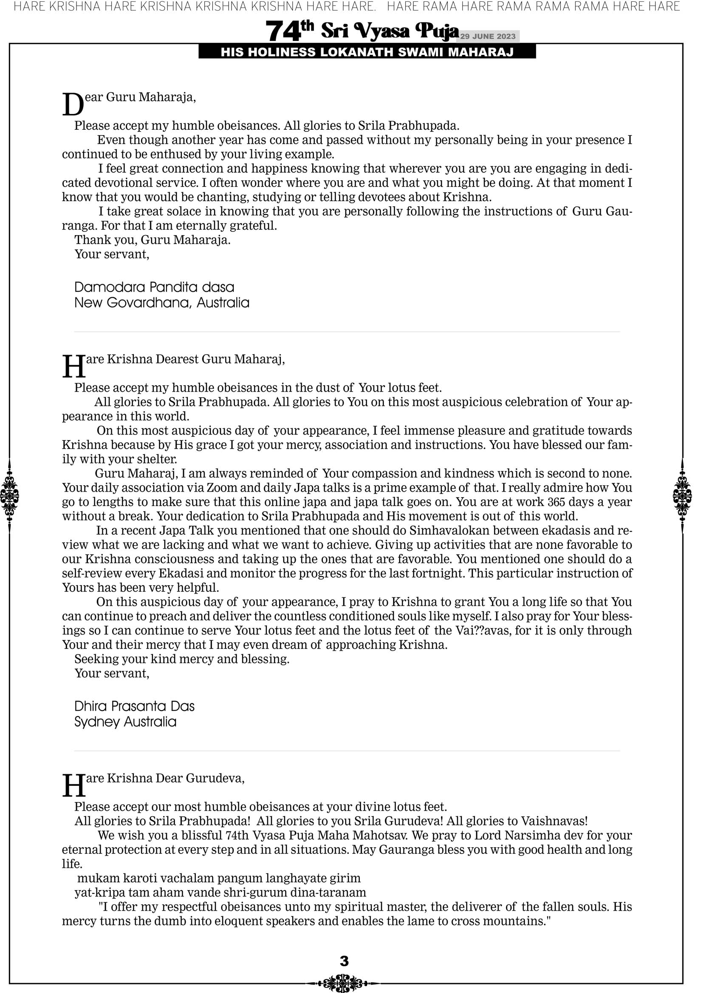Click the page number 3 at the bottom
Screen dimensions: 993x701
tap(344, 961)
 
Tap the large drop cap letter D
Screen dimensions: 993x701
tap(73, 105)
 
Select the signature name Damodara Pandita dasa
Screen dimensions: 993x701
tap(154, 287)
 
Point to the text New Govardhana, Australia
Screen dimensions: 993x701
tap(161, 303)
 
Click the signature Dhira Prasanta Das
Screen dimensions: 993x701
tap(134, 706)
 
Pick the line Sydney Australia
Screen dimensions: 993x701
tap(125, 722)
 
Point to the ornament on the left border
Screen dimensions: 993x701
tap(9, 495)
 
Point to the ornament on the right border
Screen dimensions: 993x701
tap(682, 495)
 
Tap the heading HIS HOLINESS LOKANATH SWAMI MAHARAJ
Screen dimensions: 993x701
tap(367, 52)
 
